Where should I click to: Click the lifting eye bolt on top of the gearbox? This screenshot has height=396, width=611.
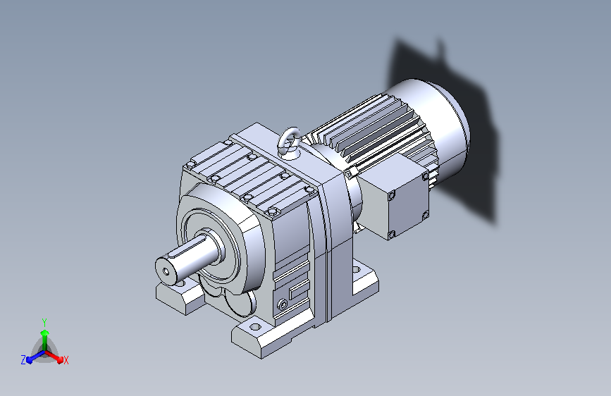[290, 142]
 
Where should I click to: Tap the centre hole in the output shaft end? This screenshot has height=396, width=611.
[166, 271]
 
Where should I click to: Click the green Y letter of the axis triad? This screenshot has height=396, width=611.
[44, 323]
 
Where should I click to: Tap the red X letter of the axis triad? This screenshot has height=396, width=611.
[66, 361]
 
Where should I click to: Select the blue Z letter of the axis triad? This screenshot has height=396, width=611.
[23, 360]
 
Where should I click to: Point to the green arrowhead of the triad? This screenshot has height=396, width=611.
[45, 333]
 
